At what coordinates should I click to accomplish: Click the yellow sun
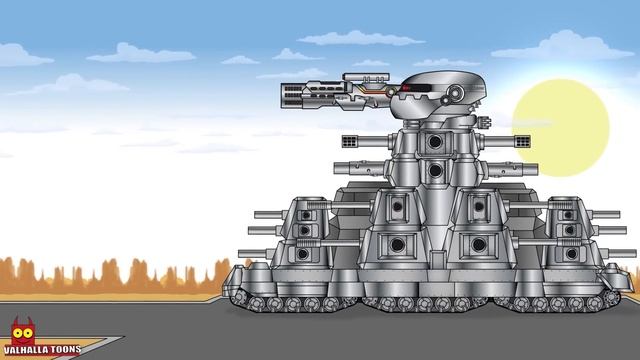pyautogui.click(x=560, y=128)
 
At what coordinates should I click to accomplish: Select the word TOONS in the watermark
pyautogui.click(x=65, y=349)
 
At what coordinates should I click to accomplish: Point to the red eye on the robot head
pyautogui.click(x=405, y=88)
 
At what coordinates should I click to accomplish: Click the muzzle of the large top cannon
pyautogui.click(x=291, y=95)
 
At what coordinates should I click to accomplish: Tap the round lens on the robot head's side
pyautogui.click(x=454, y=93)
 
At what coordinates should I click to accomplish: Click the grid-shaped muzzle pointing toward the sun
pyautogui.click(x=522, y=142)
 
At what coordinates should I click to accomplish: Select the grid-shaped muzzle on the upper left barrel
pyautogui.click(x=350, y=142)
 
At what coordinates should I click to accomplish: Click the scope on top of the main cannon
pyautogui.click(x=366, y=77)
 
